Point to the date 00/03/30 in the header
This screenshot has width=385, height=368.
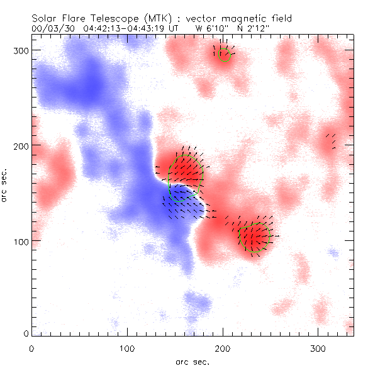click(52, 28)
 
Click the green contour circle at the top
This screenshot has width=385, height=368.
click(223, 53)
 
